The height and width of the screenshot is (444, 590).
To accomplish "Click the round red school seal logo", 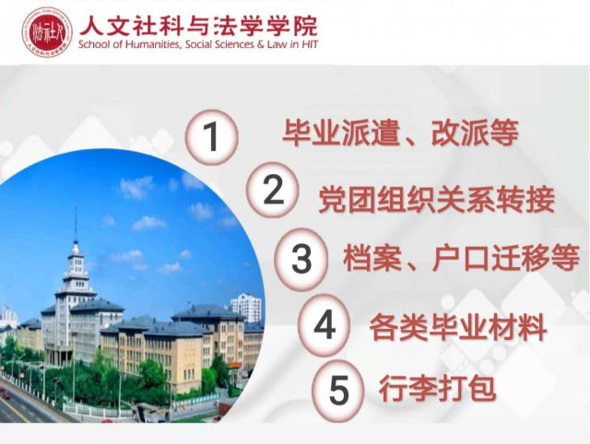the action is click(47, 32).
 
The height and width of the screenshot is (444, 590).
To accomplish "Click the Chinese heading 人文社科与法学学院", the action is click(198, 26).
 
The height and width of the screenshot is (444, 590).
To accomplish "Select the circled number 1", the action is click(211, 137).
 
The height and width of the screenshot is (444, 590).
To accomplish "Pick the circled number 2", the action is click(273, 190).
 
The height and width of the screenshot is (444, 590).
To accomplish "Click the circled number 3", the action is click(301, 259).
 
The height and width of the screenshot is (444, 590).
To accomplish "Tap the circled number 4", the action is click(324, 325).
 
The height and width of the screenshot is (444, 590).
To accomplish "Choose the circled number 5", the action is click(339, 391).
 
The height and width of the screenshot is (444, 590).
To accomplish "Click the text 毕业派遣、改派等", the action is click(400, 133).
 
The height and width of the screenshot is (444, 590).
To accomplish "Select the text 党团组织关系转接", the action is click(436, 200).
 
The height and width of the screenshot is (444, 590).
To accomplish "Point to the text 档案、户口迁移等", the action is click(461, 258).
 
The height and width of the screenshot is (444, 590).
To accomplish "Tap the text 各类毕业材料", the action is click(458, 327).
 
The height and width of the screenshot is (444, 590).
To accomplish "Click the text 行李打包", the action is click(437, 389).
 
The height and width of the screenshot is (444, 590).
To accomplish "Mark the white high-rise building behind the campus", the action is click(246, 308).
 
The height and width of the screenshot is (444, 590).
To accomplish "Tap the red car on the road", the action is click(6, 395).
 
